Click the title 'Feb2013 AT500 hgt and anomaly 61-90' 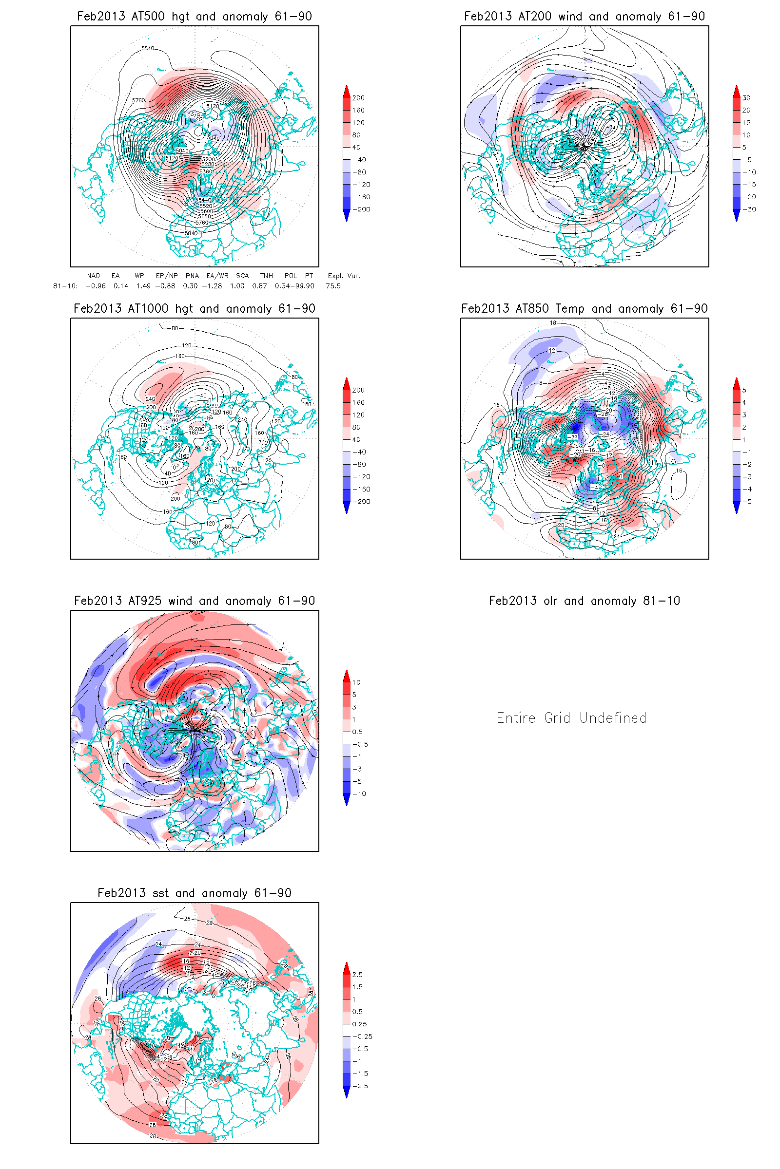click(194, 17)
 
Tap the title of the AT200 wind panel click(584, 17)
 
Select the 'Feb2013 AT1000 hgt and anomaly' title click(194, 309)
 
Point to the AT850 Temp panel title click(584, 309)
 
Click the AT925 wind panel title click(194, 601)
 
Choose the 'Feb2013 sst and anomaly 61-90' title click(194, 893)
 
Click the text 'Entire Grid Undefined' click(571, 718)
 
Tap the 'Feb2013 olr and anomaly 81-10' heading click(584, 601)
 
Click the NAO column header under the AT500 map click(93, 276)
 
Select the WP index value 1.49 click(143, 286)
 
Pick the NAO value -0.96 click(96, 286)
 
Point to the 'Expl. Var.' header click(343, 276)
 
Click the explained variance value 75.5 click(333, 286)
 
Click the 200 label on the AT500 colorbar click(358, 98)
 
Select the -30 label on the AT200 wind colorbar click(749, 209)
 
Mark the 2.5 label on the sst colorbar click(357, 975)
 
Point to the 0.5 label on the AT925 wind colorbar click(357, 732)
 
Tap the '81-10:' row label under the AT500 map click(65, 286)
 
